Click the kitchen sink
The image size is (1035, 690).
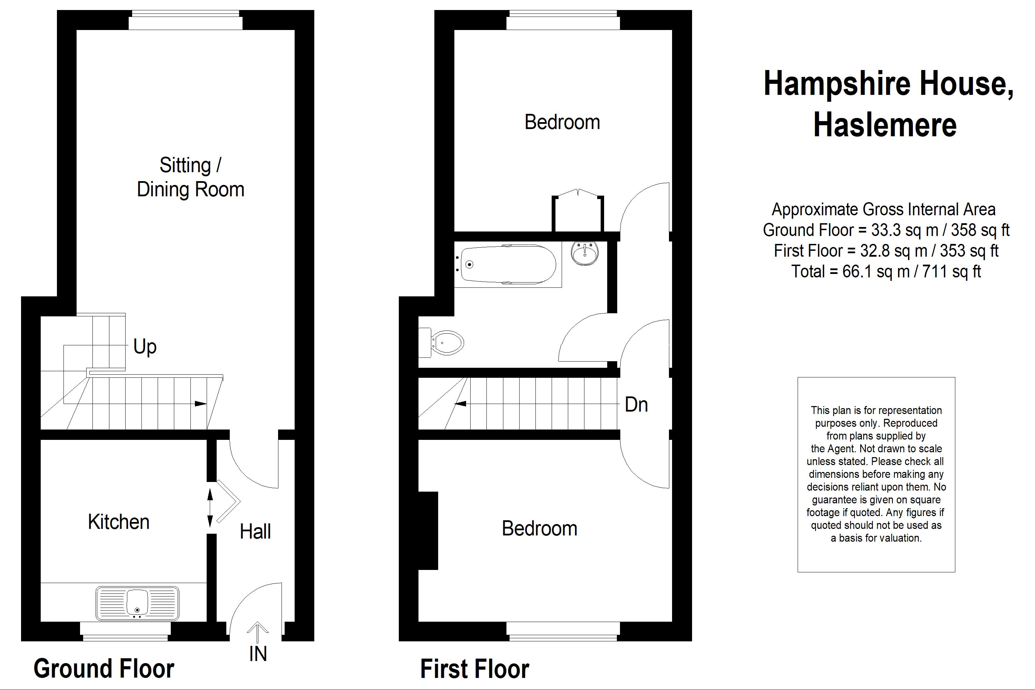coord(137,603)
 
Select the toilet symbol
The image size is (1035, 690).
coord(442,343)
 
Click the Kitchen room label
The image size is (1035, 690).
coord(119,522)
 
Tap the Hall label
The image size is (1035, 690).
coord(255,532)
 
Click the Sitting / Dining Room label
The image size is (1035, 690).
coord(190,177)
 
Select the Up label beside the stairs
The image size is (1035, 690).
coord(145,347)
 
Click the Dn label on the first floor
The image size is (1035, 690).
coord(636,405)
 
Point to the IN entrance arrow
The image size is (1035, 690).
coord(257,634)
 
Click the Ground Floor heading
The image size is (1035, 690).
coord(104,669)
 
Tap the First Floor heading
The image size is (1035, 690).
coord(474,669)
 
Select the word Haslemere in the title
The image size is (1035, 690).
coord(885,125)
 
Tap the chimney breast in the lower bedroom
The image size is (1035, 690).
coord(428,531)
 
